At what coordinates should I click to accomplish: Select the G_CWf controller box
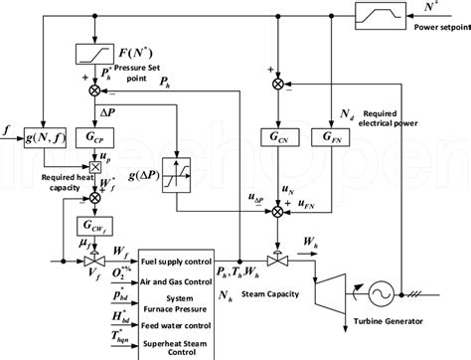coord(96,225)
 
